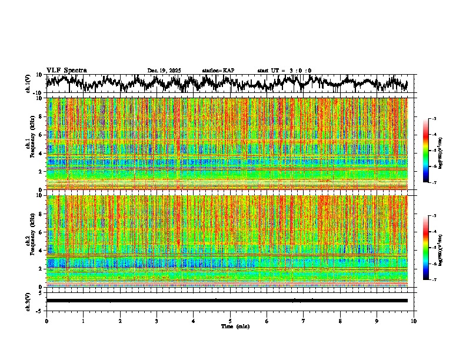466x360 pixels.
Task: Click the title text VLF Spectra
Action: [66, 71]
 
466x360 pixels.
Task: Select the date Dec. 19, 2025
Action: [164, 71]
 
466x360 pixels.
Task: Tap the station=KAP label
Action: [218, 71]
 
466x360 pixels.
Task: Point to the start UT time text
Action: [284, 71]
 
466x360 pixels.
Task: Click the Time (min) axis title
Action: [234, 326]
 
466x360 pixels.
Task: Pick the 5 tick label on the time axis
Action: [230, 321]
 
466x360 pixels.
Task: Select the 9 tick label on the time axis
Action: [377, 321]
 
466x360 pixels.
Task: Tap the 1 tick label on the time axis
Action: [83, 321]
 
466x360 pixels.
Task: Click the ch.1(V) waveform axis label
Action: [28, 84]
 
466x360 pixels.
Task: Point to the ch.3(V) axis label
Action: [28, 301]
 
